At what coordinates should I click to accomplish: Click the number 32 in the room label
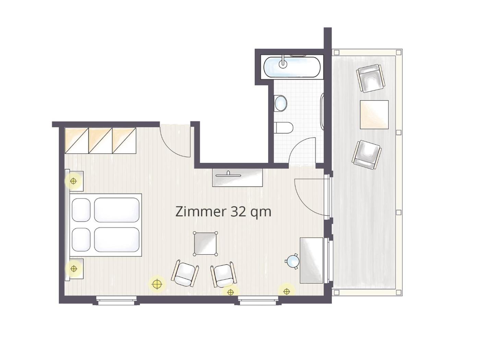238,212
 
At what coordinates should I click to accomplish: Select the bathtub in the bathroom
292,67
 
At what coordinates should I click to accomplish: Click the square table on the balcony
374,115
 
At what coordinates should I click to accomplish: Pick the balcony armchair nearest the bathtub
370,78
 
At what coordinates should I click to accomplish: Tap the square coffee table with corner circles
205,244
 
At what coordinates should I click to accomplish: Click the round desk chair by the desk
292,261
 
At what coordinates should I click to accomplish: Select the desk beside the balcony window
311,260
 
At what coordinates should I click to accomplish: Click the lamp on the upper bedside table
73,181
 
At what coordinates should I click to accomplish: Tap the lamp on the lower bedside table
74,269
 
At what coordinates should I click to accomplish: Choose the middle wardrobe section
100,141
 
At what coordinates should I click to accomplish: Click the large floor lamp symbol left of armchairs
157,284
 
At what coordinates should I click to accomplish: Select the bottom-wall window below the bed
116,301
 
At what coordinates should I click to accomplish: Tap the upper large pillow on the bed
117,210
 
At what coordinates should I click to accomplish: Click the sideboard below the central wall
238,178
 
